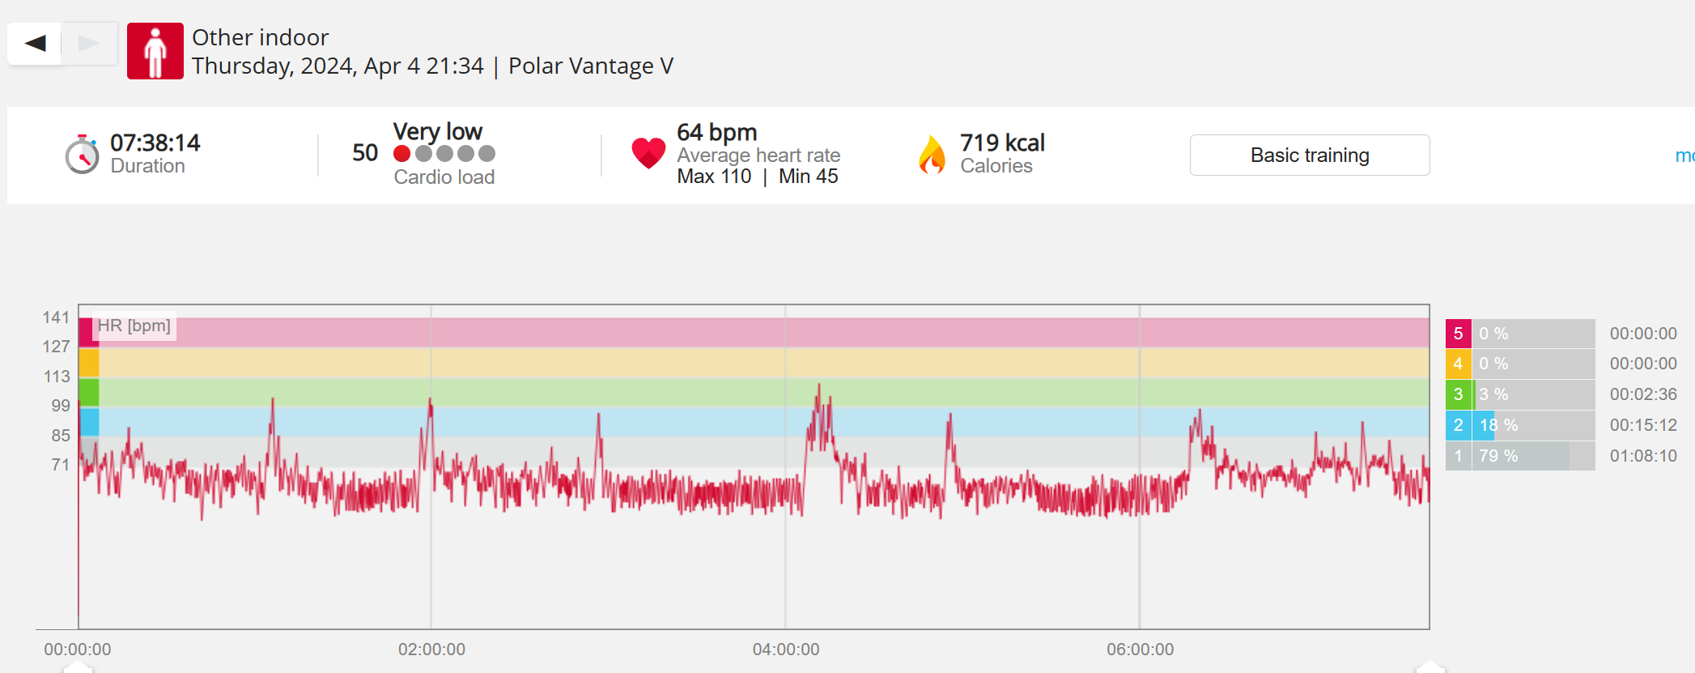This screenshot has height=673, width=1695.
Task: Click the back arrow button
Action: tap(35, 43)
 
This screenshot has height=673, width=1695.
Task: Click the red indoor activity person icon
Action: tap(155, 51)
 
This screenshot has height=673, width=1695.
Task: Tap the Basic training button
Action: tap(1309, 155)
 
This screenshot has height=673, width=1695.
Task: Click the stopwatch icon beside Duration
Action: tap(82, 154)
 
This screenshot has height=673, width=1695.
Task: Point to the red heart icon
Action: tap(648, 152)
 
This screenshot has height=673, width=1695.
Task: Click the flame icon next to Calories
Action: tap(932, 154)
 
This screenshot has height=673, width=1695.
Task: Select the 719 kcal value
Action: tap(1002, 143)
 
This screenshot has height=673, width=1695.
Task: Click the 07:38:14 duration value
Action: tap(155, 143)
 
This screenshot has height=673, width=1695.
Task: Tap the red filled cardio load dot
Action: tap(401, 154)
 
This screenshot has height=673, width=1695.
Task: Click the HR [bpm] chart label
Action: tap(134, 326)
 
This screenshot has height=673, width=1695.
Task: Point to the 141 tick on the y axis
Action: tap(56, 317)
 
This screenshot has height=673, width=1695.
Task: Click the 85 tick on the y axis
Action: tap(60, 435)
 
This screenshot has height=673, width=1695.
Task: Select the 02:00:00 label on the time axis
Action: tap(431, 649)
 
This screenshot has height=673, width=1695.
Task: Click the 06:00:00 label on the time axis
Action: tap(1140, 649)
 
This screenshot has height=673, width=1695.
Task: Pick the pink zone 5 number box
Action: tap(1458, 334)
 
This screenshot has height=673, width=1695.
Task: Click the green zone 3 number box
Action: tap(1458, 394)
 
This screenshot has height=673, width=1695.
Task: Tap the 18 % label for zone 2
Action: tap(1498, 425)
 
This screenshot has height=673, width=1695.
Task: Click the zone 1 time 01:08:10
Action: tap(1642, 456)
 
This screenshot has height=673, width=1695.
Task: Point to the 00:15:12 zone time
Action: tap(1642, 425)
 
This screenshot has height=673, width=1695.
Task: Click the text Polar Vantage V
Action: tap(590, 66)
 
